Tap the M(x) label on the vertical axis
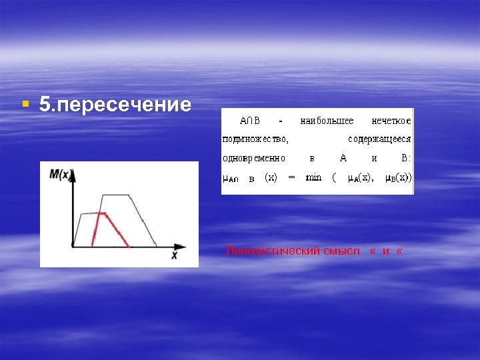(60, 175)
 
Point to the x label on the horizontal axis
(174, 255)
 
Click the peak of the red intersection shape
(101, 213)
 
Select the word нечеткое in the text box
(391, 121)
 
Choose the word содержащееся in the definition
(379, 139)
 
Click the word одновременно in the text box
(253, 159)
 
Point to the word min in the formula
(313, 177)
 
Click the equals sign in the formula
(291, 177)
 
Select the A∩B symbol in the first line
(250, 121)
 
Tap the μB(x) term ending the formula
(398, 178)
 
